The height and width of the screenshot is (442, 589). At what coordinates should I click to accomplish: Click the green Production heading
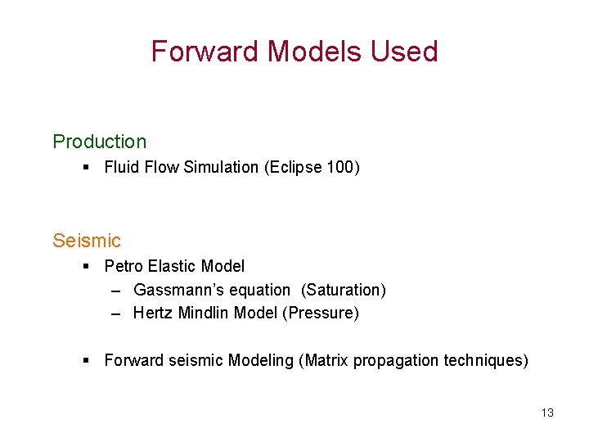pyautogui.click(x=99, y=142)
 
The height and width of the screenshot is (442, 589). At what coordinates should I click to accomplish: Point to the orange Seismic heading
pyautogui.click(x=86, y=241)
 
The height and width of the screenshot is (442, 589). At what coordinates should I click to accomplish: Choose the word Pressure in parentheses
pyautogui.click(x=320, y=313)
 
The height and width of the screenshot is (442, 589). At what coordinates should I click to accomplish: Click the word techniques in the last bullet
pyautogui.click(x=484, y=361)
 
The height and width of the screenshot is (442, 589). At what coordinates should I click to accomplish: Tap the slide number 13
pyautogui.click(x=547, y=413)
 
